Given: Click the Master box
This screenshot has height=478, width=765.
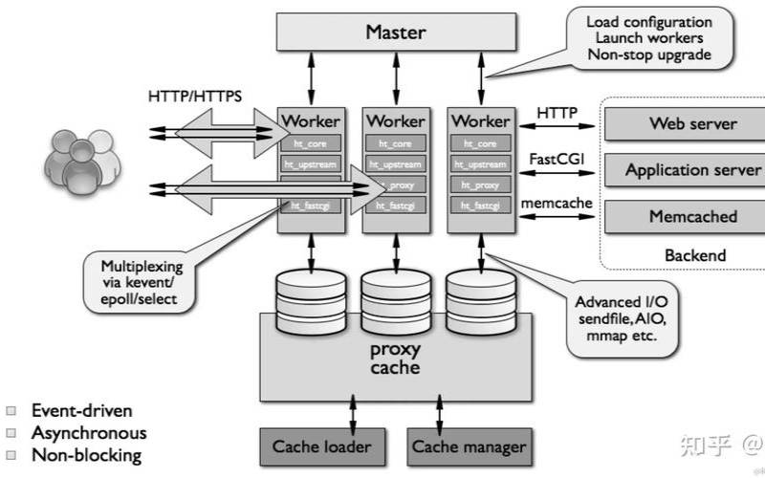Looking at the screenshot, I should pos(396,33).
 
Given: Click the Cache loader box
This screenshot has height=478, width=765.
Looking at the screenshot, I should pos(321,446).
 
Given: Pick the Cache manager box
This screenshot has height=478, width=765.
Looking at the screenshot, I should pos(469,446).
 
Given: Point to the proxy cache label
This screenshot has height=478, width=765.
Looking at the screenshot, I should pos(395,358).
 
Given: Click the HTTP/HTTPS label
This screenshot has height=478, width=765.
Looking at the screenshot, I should pos(195,97).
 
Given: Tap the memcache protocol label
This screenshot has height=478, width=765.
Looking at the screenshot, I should pos(557,203).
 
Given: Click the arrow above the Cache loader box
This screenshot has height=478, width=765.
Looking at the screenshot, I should pos(354,414).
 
